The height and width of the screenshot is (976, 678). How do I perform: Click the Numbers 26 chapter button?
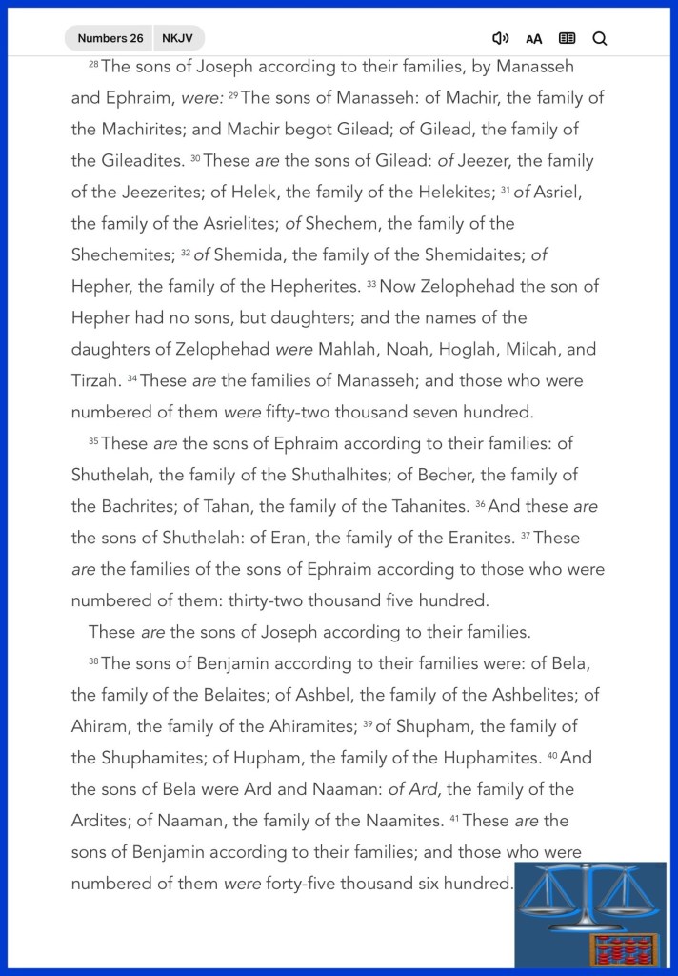pos(110,38)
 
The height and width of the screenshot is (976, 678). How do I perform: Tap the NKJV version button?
pos(176,38)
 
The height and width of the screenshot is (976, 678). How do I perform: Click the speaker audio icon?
pos(500,38)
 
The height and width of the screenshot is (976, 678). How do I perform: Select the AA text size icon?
pos(534,39)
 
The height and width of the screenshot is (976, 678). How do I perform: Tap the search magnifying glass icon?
pos(600,38)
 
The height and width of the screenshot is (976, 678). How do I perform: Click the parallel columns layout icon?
pos(567,38)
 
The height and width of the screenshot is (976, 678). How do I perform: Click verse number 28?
pos(93,64)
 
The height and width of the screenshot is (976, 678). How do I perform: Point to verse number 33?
pos(371,284)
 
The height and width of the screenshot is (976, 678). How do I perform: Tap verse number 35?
pos(93,441)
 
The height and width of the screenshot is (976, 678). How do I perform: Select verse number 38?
pos(93,661)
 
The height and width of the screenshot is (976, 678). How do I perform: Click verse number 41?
pos(455,818)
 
